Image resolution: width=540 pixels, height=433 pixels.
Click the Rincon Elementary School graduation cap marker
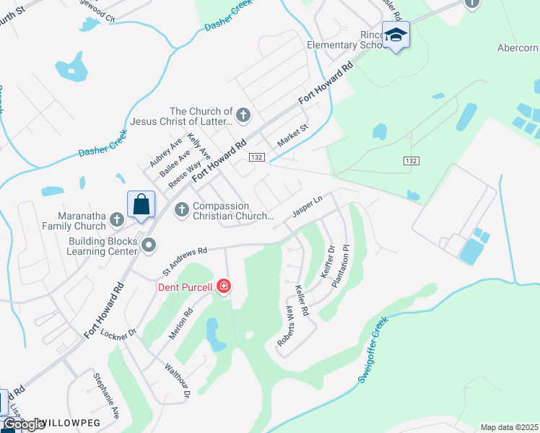click(x=396, y=35)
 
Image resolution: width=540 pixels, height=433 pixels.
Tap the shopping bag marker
click(x=141, y=204)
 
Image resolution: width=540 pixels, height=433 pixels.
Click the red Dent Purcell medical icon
click(x=224, y=287)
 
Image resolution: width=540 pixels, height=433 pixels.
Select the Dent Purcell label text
click(x=186, y=287)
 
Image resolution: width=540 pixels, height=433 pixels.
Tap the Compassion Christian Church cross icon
click(x=181, y=209)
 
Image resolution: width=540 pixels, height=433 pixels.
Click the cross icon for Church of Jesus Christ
click(x=244, y=114)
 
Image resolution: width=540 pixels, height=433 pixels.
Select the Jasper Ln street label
click(x=307, y=207)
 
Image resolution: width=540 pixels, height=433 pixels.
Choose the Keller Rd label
click(x=302, y=302)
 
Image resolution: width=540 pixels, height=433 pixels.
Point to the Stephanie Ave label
click(x=105, y=396)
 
